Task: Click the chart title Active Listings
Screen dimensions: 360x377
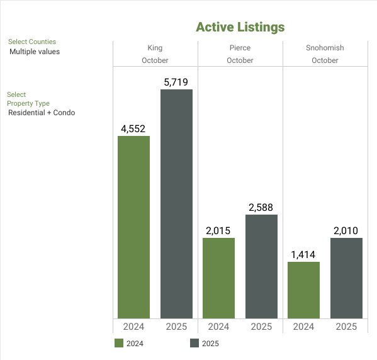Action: tap(240, 27)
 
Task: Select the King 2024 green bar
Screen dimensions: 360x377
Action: tap(133, 227)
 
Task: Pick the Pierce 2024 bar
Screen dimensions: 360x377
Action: tap(218, 278)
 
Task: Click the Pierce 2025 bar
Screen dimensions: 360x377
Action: tap(261, 266)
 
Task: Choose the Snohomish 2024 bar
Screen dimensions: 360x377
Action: tap(303, 290)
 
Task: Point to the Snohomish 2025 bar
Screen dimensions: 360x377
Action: tap(346, 278)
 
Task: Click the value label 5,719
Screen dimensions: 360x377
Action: tap(176, 82)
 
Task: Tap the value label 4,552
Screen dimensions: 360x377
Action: tap(133, 128)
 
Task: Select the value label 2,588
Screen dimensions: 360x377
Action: tap(261, 207)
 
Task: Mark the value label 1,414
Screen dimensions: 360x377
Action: tap(303, 254)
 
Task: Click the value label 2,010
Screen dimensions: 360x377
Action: tap(346, 230)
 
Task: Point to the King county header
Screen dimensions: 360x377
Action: tap(155, 48)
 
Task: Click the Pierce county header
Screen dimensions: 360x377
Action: tap(240, 48)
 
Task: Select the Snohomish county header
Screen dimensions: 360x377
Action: tap(325, 48)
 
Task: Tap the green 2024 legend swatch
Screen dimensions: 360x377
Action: tap(119, 343)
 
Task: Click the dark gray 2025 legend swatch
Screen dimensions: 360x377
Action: tap(194, 343)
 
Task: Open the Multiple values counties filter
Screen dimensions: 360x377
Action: tap(35, 52)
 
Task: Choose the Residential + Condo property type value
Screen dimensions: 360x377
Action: tap(42, 113)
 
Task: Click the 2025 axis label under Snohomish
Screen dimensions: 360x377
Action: tap(346, 327)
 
